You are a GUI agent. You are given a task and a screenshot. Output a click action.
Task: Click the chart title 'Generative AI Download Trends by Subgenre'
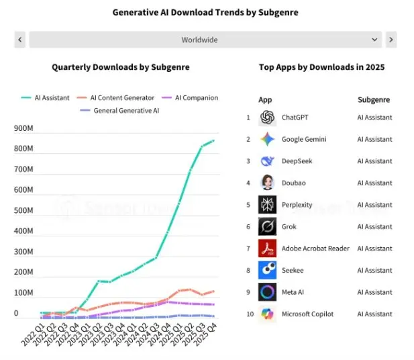coord(205,12)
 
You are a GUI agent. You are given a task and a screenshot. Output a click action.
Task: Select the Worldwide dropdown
coord(205,40)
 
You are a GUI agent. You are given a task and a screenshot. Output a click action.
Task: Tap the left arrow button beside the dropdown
coord(20,40)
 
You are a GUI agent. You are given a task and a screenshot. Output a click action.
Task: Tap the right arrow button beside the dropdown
coord(391,40)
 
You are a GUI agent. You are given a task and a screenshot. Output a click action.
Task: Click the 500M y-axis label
coord(24,211)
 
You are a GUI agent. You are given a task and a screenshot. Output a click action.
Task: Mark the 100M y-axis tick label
coord(24,293)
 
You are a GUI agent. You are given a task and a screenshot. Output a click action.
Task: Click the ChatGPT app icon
coord(267,118)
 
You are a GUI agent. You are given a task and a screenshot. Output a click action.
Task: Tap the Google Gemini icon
coord(267,140)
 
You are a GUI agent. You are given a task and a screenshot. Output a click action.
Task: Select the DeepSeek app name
coord(297,161)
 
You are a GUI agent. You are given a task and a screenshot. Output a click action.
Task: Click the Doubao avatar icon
coord(267,183)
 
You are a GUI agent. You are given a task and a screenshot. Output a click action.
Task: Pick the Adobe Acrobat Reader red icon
coord(267,249)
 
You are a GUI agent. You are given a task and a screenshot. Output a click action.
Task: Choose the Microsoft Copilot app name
coord(307,314)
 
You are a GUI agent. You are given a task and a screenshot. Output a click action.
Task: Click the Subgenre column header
coord(374,100)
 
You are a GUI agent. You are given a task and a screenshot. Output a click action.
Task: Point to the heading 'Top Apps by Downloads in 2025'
coord(321,67)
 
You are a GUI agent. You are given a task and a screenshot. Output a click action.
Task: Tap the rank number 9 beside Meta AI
coord(248,292)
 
